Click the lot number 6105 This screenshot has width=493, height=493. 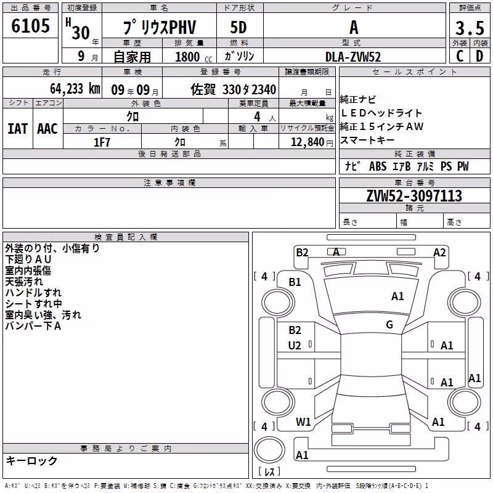point(30,25)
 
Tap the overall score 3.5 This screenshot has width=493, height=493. point(470,28)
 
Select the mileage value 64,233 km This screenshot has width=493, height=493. point(75,88)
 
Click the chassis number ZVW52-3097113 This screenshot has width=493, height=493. point(414,195)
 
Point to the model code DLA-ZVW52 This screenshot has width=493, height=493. point(353,57)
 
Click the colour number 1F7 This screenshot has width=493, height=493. point(102,142)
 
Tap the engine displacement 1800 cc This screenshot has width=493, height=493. point(194,57)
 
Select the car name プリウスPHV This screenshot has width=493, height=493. point(160,27)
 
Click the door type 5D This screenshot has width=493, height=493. point(238,27)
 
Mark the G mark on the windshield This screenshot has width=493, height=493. point(389,324)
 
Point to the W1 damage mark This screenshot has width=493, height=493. point(303,422)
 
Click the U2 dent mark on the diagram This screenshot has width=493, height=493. point(295,346)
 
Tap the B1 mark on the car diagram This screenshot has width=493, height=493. point(295,282)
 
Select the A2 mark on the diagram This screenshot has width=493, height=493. point(439,252)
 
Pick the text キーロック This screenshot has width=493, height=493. point(32,460)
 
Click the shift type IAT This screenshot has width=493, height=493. point(18,129)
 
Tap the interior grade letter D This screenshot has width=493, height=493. point(479,56)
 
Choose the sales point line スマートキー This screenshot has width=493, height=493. point(367,140)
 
